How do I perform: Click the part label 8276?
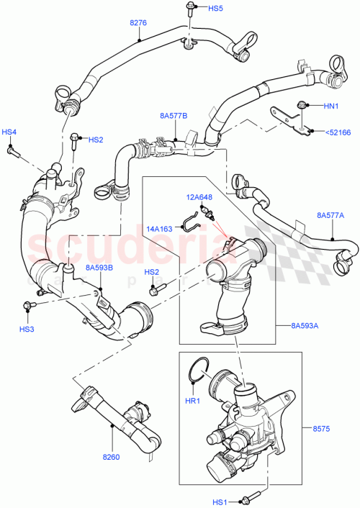tap(138, 23)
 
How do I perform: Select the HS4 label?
tap(9, 132)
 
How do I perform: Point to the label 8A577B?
tap(174, 115)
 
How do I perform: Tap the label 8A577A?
tap(330, 214)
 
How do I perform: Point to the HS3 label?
tap(27, 329)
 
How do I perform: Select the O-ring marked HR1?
tap(199, 375)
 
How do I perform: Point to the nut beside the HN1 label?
tap(306, 105)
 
